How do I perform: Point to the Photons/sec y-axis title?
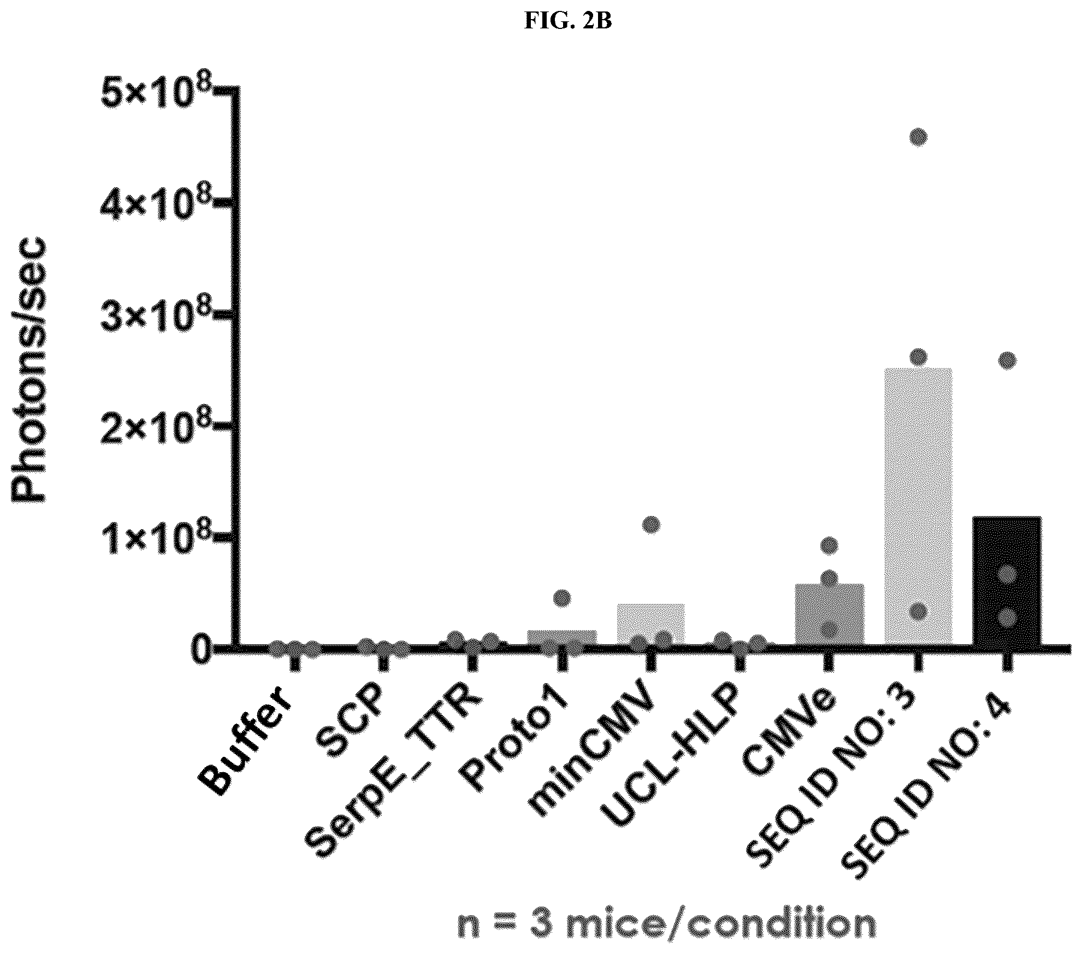(x=29, y=369)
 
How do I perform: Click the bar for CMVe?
(x=829, y=613)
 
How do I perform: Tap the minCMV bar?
(x=651, y=623)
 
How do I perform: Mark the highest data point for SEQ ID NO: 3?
(x=919, y=138)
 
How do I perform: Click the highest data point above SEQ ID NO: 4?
(x=1008, y=360)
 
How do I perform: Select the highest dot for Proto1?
(x=562, y=599)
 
